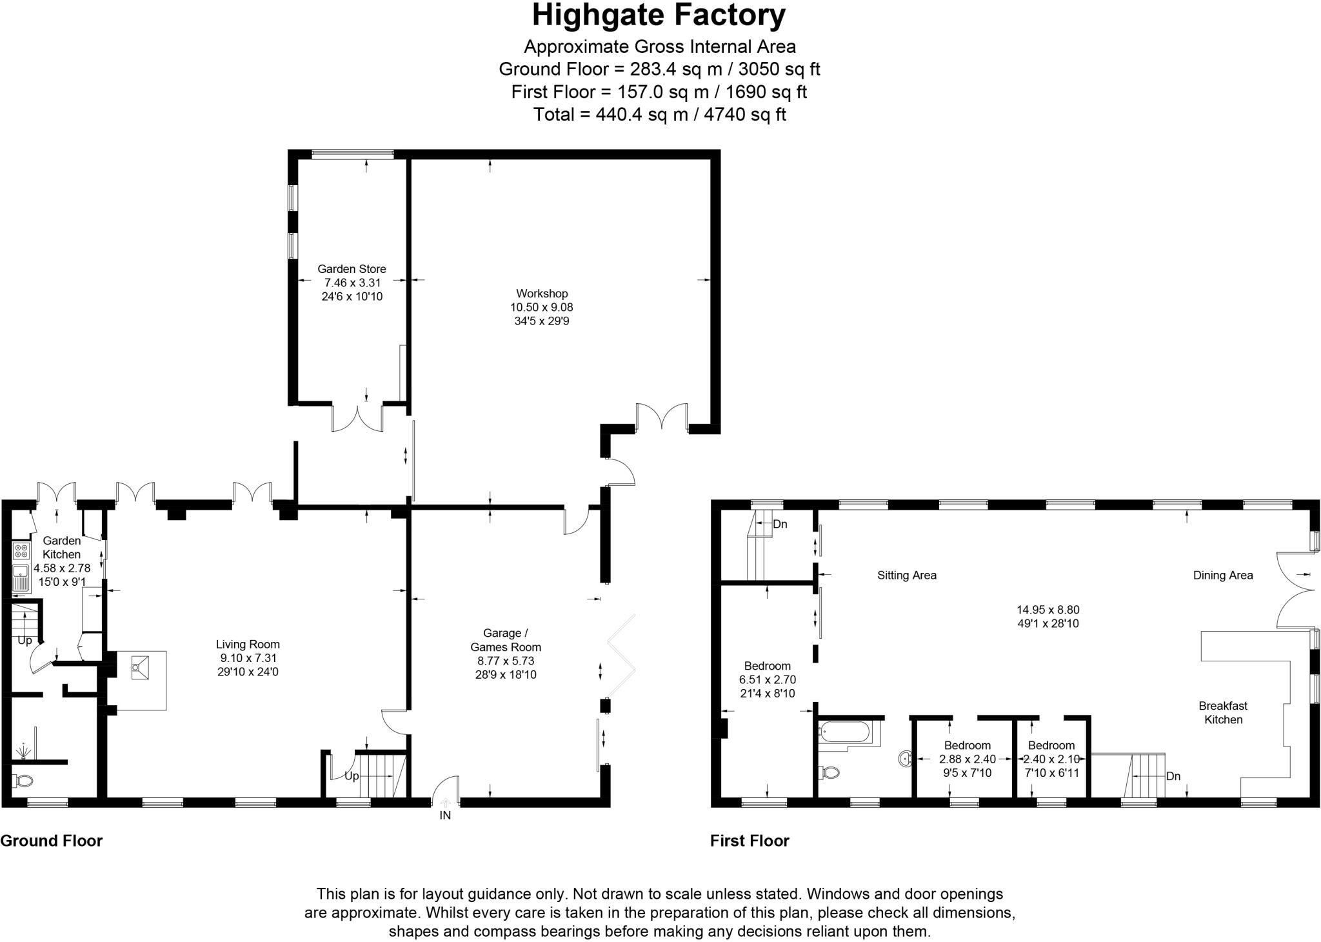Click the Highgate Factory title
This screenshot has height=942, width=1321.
659,16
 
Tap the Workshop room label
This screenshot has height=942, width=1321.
541,294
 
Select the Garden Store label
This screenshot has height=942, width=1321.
352,269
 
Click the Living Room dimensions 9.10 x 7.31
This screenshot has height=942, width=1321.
248,658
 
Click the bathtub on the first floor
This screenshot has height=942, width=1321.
844,732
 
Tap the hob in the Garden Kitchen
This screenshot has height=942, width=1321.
21,551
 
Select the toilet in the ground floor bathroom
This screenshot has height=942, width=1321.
25,781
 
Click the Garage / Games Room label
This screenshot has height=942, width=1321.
505,640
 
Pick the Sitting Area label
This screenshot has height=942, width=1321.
906,576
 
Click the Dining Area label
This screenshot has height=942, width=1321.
1222,576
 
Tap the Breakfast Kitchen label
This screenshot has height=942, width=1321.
1223,713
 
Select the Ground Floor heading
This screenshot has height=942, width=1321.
52,841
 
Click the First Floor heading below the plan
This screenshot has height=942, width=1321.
750,841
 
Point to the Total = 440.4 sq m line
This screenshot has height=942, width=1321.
659,115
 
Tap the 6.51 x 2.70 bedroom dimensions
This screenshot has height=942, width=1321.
767,679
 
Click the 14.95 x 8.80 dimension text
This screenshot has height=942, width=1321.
1048,610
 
